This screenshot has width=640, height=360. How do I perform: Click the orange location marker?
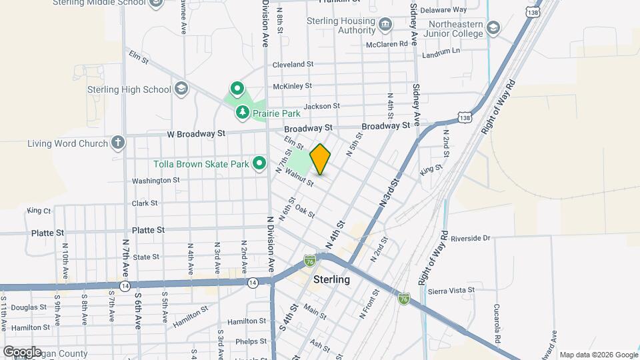pyautogui.click(x=321, y=159)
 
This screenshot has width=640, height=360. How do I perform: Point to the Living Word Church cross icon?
pyautogui.click(x=118, y=143)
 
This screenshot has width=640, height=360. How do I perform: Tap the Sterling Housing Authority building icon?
pyautogui.click(x=385, y=25)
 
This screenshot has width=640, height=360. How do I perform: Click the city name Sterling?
pyautogui.click(x=331, y=279)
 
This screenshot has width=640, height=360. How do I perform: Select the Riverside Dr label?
pyautogui.click(x=470, y=237)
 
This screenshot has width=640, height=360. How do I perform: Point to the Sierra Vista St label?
pyautogui.click(x=451, y=290)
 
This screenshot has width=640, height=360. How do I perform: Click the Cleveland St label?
pyautogui.click(x=293, y=64)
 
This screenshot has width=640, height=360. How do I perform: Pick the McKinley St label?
pyautogui.click(x=292, y=85)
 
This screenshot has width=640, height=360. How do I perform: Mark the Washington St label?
pyautogui.click(x=155, y=180)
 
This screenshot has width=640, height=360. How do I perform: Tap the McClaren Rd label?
pyautogui.click(x=387, y=45)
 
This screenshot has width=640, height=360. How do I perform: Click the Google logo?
pyautogui.click(x=21, y=351)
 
